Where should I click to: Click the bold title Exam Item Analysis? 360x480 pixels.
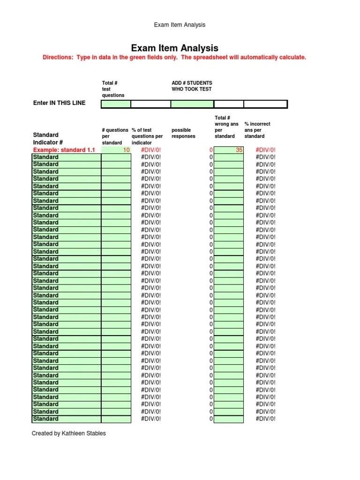174,48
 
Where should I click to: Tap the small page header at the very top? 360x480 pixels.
180,25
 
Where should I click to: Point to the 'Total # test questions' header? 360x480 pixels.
113,89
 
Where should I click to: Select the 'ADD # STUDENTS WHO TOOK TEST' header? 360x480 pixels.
192,86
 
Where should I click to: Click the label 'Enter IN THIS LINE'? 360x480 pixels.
59,103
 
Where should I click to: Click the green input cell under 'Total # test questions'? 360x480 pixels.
116,104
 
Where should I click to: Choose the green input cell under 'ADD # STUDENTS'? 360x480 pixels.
192,104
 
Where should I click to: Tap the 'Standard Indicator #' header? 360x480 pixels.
48,139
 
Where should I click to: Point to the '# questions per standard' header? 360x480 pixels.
115,136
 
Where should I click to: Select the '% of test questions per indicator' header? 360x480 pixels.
148,136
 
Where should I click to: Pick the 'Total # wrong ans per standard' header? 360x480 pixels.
226,127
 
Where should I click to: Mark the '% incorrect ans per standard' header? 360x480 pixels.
257,130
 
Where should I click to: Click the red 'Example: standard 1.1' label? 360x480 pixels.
64,150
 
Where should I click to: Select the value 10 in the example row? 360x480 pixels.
126,150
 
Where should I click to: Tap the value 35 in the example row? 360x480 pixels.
239,150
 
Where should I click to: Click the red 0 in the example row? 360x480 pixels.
211,150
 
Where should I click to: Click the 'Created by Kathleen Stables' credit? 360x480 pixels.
69,434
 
